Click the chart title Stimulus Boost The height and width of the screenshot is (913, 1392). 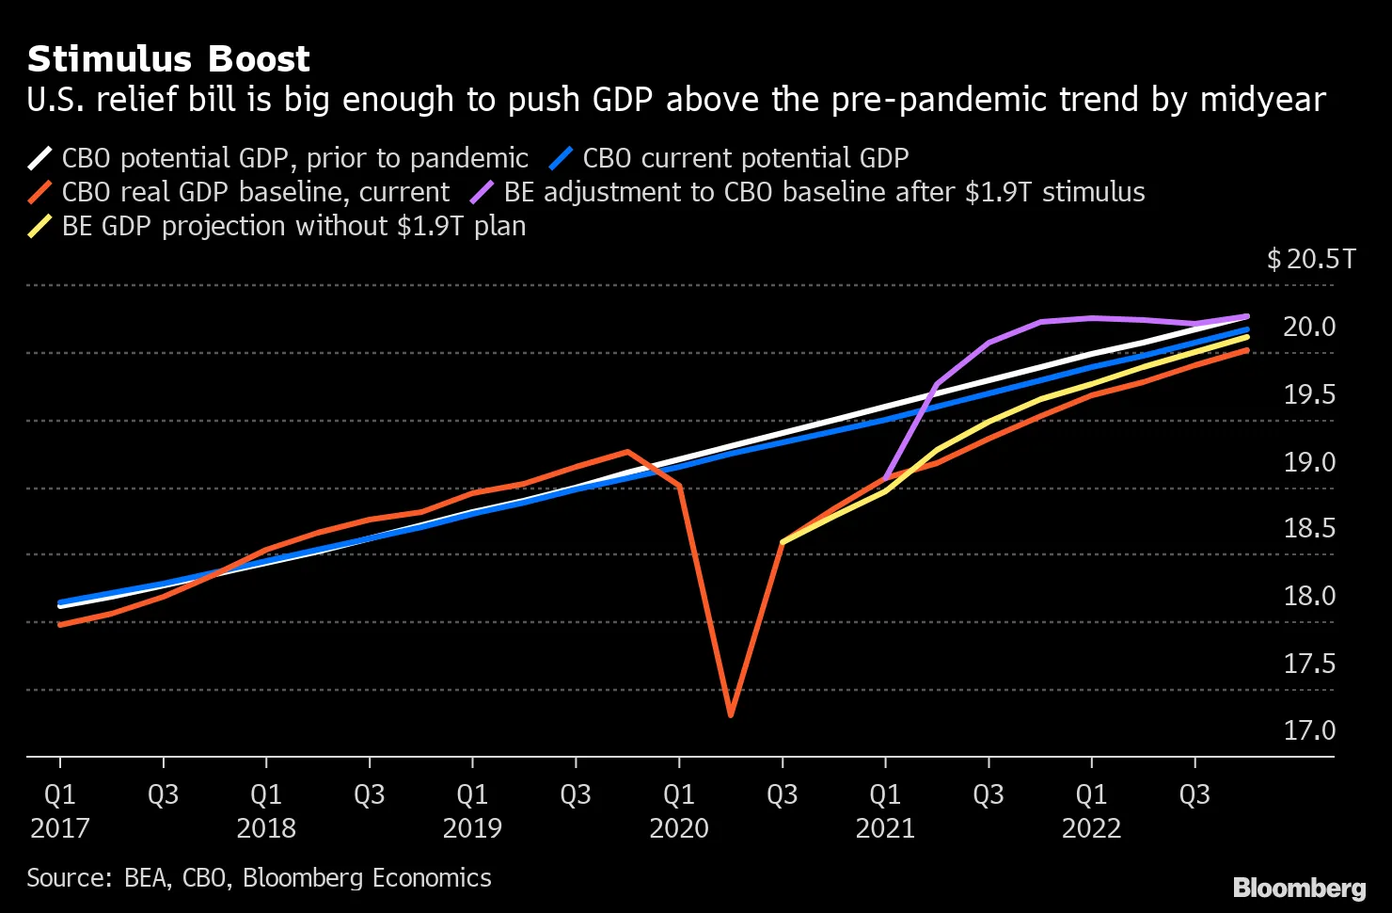tap(168, 59)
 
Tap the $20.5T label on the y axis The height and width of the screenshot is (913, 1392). tap(1311, 259)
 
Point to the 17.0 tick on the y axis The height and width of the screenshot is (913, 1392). tap(1309, 730)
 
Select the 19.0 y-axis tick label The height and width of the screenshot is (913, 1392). tap(1309, 461)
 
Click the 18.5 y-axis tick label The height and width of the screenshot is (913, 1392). tap(1309, 528)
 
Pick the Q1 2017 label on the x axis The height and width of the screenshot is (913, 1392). tap(60, 810)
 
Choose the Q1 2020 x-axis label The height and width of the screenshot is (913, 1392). tap(679, 810)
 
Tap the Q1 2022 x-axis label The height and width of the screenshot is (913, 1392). tap(1091, 810)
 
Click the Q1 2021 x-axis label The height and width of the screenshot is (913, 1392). tap(885, 810)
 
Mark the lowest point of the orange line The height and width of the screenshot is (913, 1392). tap(731, 715)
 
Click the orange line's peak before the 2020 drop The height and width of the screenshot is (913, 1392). tap(627, 452)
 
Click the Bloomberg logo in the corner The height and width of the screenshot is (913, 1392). tap(1299, 888)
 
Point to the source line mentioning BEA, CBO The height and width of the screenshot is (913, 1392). tap(259, 877)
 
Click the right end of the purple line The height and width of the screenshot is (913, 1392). tap(1246, 316)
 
